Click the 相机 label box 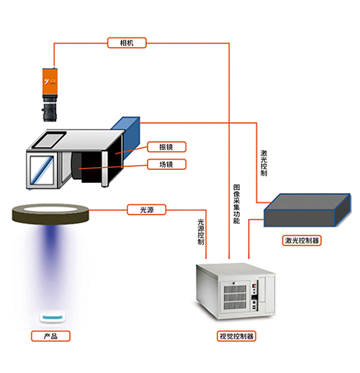[127, 42]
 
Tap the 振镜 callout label [166, 147]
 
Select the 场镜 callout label [166, 164]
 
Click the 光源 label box [146, 210]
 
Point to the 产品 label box [50, 336]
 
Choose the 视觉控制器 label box [236, 336]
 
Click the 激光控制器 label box [302, 241]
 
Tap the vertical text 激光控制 [264, 163]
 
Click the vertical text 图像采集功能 [237, 204]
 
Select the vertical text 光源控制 [201, 232]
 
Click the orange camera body [50, 81]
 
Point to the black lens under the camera [50, 112]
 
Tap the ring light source [50, 214]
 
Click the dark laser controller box [307, 210]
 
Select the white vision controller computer [235, 292]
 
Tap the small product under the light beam [52, 318]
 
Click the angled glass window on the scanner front [42, 170]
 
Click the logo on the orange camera [50, 81]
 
